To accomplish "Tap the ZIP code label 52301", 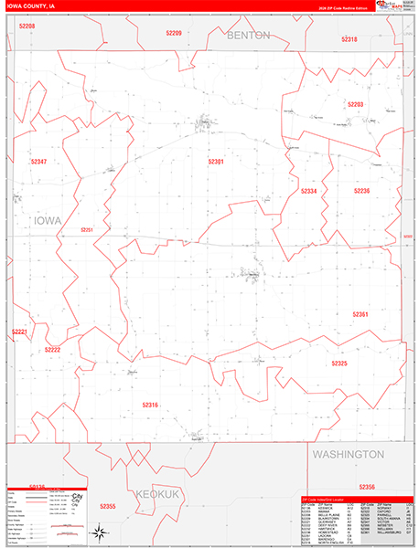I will pyautogui.click(x=216, y=162).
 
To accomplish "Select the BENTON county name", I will pyautogui.click(x=249, y=35).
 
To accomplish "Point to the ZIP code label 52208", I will pyautogui.click(x=26, y=27).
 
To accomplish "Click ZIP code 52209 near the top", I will pyautogui.click(x=173, y=33).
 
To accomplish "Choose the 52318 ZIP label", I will pyautogui.click(x=349, y=39).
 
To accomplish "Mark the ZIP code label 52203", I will pyautogui.click(x=356, y=104).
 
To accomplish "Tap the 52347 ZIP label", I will pyautogui.click(x=38, y=162).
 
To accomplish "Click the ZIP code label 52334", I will pyautogui.click(x=309, y=191).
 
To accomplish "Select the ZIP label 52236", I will pyautogui.click(x=361, y=191).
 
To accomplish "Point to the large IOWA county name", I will pyautogui.click(x=48, y=221).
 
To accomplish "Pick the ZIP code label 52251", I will pyautogui.click(x=88, y=229).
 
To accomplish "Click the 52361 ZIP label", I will pyautogui.click(x=360, y=313).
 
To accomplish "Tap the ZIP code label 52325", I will pyautogui.click(x=339, y=364).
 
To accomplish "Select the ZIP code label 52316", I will pyautogui.click(x=150, y=404).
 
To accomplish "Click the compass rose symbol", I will pyautogui.click(x=104, y=532).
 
